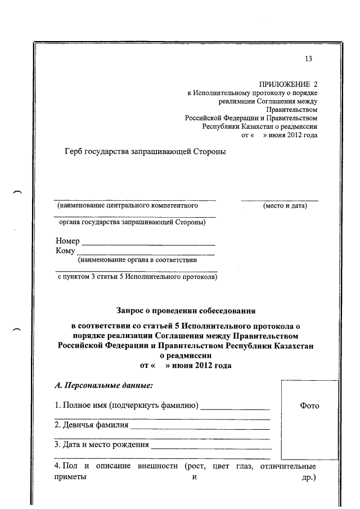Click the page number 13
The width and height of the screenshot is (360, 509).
point(308,59)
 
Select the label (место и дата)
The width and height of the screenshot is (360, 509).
point(285,206)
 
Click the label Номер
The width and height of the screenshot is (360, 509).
point(67,241)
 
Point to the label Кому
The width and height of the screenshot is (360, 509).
point(65,251)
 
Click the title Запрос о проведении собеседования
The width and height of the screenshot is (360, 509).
point(185,309)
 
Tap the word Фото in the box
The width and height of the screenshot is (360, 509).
point(309,406)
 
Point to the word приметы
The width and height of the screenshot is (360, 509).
point(70,477)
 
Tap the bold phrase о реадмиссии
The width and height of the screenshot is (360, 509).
point(186,355)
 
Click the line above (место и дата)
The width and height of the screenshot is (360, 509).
point(279,200)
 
